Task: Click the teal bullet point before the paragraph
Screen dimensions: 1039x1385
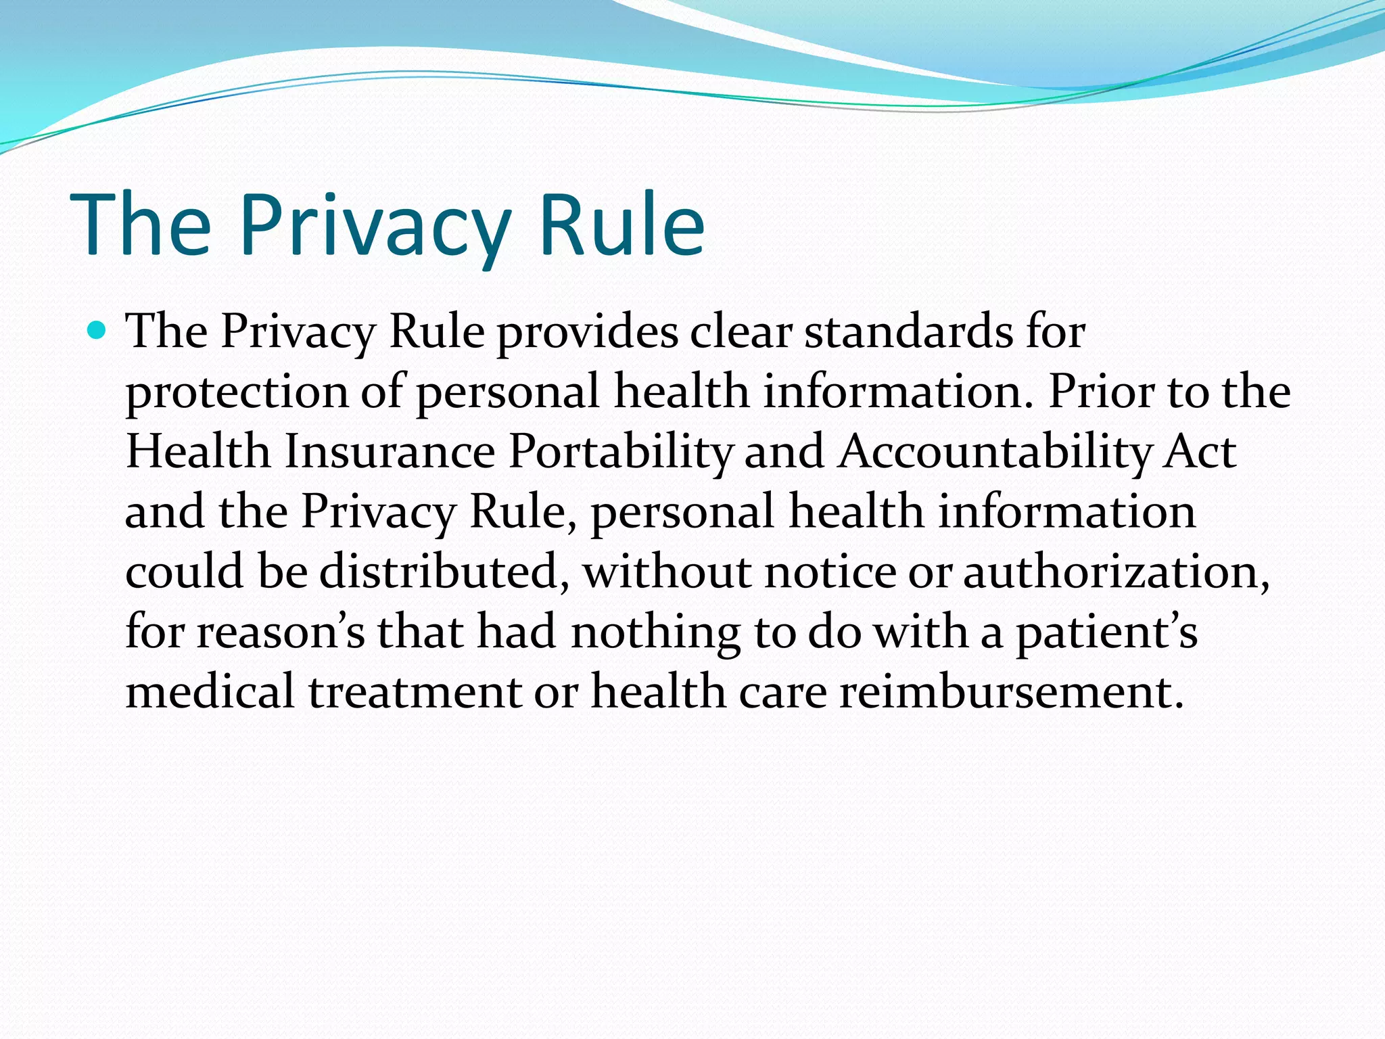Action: (x=97, y=331)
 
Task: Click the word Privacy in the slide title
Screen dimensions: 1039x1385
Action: (x=375, y=226)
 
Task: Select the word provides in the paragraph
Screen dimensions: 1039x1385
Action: (x=588, y=333)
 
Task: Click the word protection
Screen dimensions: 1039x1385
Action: (x=237, y=393)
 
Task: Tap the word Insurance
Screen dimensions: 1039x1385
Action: (x=390, y=451)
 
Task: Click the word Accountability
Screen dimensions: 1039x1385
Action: (x=994, y=453)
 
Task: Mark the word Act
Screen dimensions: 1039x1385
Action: (x=1200, y=451)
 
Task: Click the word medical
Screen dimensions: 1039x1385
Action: (x=210, y=691)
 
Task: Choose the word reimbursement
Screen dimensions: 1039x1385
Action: (x=1011, y=692)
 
